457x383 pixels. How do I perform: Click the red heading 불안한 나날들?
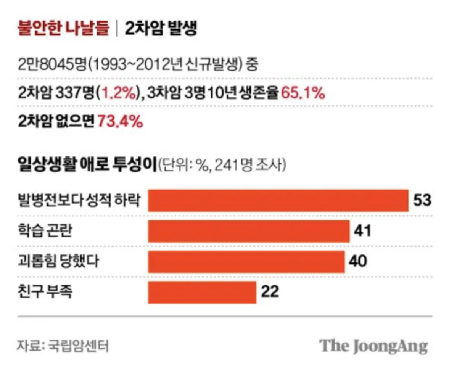pyautogui.click(x=63, y=29)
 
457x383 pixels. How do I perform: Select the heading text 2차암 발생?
pyautogui.click(x=161, y=29)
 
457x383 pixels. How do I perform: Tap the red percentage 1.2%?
pyautogui.click(x=120, y=93)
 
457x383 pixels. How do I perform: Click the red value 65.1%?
pyautogui.click(x=303, y=93)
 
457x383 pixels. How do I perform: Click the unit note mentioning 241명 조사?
pyautogui.click(x=221, y=165)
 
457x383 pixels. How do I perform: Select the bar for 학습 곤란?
pyautogui.click(x=249, y=231)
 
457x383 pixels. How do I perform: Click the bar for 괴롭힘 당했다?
pyautogui.click(x=246, y=262)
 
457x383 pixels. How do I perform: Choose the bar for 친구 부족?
pyautogui.click(x=202, y=292)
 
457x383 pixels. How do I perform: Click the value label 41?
pyautogui.click(x=362, y=231)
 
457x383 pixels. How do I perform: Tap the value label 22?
pyautogui.click(x=270, y=292)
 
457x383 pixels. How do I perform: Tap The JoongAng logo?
pyautogui.click(x=373, y=346)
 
